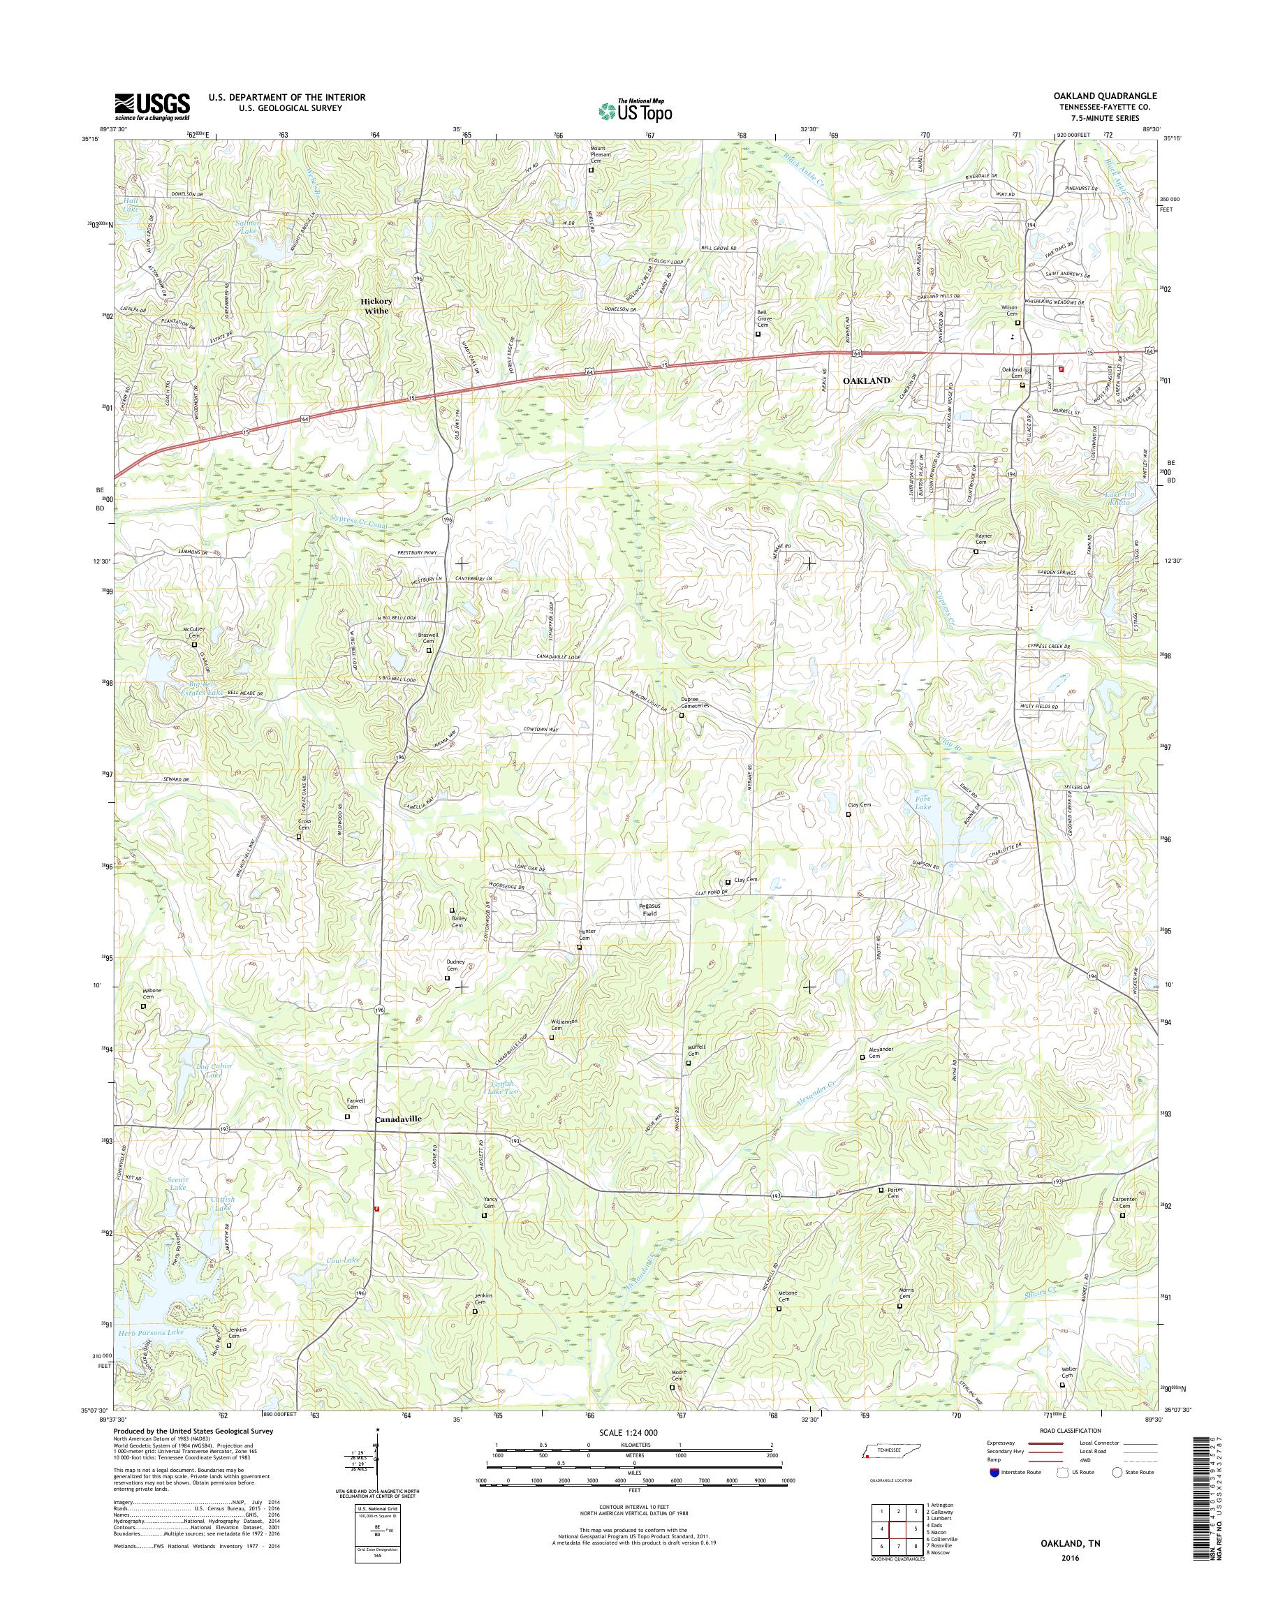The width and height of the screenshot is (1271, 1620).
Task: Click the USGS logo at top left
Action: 152,106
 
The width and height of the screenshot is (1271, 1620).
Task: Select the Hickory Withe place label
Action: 376,306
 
